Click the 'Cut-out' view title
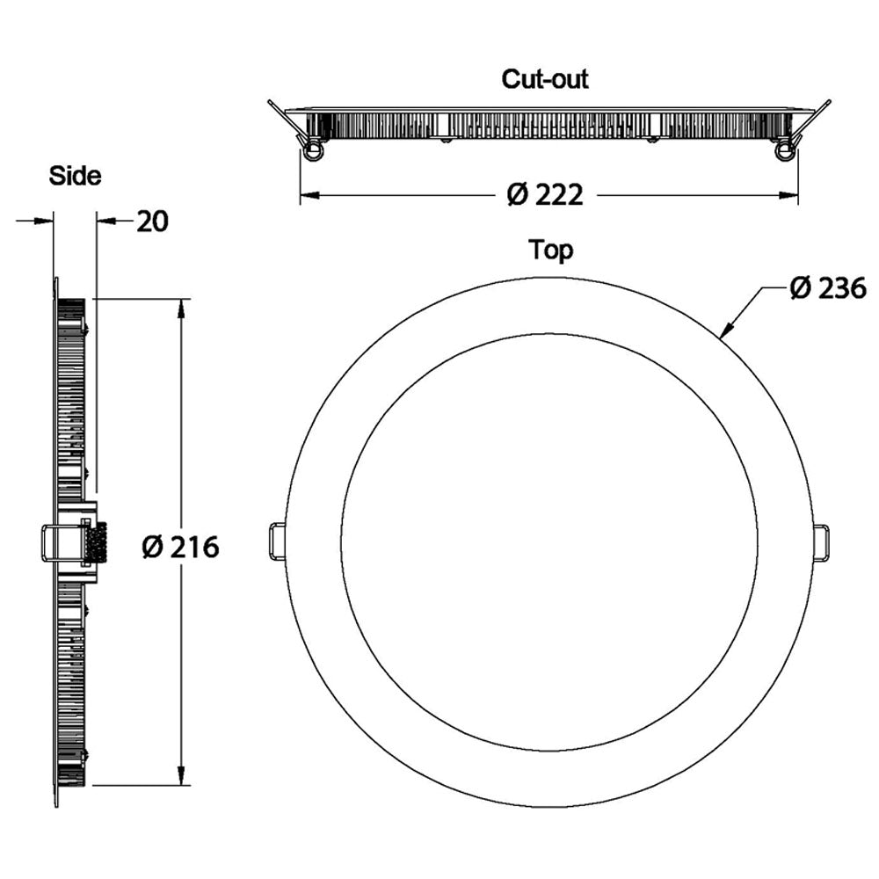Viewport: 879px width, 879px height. point(545,79)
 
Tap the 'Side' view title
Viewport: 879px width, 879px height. point(75,176)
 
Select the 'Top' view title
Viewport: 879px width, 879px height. point(551,250)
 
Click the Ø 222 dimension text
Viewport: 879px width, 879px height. point(545,195)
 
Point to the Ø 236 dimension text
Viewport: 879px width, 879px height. point(828,288)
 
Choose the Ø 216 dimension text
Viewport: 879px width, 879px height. point(180,547)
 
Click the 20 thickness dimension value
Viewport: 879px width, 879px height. point(152,222)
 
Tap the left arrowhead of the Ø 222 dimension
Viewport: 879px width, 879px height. point(310,195)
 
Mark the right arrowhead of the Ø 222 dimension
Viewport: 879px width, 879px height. point(788,195)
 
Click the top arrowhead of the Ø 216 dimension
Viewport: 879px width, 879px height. point(181,309)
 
